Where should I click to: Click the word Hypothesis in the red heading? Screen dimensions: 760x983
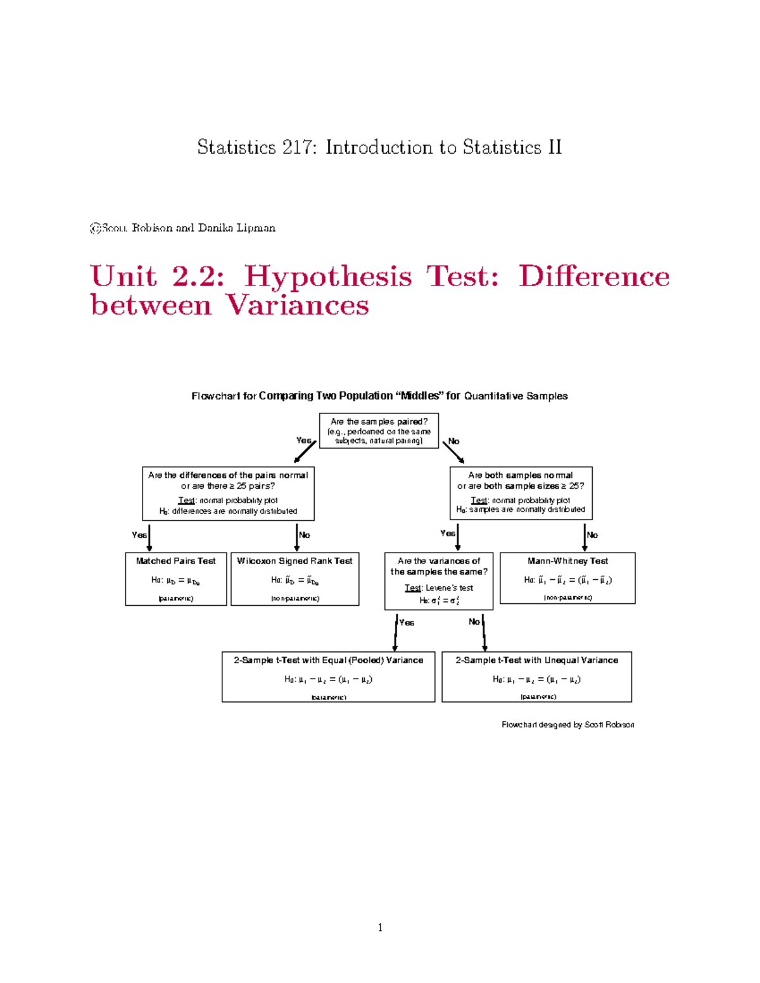(328, 276)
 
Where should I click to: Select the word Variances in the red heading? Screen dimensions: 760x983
(297, 305)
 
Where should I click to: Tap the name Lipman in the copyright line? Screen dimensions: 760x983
(256, 228)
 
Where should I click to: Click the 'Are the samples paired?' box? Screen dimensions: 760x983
(379, 430)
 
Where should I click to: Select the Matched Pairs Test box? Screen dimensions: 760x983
(176, 579)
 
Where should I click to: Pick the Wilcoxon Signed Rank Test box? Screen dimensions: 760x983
(294, 579)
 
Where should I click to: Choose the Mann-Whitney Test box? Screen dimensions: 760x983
(567, 578)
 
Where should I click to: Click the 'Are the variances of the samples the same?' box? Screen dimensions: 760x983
(439, 580)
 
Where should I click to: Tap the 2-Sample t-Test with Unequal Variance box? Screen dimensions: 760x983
(536, 677)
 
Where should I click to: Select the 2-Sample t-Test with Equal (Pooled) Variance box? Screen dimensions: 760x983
(328, 677)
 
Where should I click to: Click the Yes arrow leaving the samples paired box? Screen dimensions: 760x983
(305, 452)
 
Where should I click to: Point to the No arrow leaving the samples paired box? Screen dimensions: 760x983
(453, 452)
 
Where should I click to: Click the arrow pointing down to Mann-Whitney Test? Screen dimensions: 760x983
(585, 537)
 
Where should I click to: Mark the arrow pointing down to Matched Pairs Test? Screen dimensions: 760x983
(149, 537)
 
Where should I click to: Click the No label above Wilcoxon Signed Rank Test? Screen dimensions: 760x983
(305, 535)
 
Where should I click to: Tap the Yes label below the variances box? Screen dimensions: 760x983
(407, 623)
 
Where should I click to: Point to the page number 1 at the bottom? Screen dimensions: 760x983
(380, 928)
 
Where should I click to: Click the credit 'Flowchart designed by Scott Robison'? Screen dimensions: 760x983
(567, 725)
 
